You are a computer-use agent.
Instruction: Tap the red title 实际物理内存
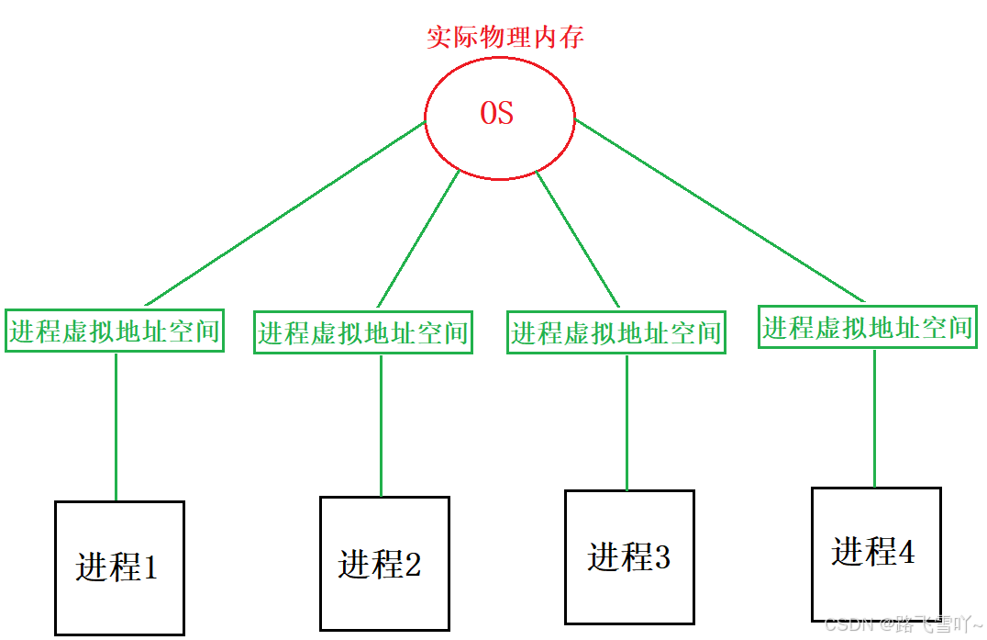505,38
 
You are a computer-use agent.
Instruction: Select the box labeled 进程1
119,567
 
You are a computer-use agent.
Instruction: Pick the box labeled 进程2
384,563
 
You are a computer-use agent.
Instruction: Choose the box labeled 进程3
629,556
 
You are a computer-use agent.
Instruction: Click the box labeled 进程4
876,553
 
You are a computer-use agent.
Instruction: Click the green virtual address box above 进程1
115,331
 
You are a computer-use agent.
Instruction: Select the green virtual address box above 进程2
363,331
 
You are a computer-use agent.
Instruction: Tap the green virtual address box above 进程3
616,331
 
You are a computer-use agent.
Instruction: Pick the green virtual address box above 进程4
868,326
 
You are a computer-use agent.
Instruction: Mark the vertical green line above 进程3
627,422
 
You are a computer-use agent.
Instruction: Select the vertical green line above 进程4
874,418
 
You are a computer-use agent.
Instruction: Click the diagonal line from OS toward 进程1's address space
284,214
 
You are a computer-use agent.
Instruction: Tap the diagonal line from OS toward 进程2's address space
418,238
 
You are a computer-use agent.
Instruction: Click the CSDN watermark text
904,625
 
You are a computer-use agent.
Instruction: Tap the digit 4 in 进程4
905,553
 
